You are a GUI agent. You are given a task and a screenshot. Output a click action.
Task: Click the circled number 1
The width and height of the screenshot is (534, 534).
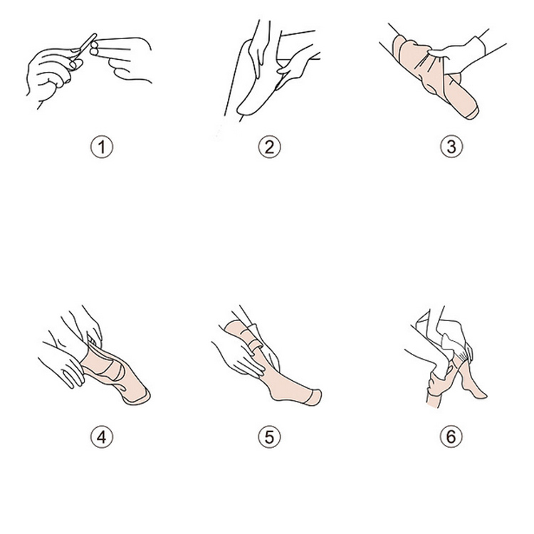(102, 147)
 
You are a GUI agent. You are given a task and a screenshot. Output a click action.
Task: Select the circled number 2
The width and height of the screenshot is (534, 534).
(269, 147)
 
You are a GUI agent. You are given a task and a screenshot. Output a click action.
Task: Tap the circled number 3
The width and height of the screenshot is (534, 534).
(451, 147)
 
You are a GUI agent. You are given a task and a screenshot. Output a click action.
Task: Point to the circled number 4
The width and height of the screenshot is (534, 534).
(102, 437)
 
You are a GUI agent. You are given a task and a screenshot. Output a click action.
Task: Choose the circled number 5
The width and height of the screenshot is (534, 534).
(269, 437)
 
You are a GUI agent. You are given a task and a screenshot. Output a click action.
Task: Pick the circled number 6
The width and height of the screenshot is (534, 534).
(451, 437)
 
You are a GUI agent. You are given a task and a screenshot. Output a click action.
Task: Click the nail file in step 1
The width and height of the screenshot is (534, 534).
(83, 51)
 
